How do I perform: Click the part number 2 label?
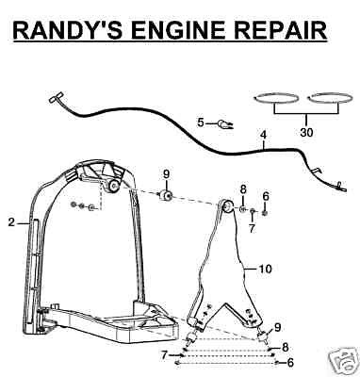click(11, 222)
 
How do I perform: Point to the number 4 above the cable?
click(263, 136)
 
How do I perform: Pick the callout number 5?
click(201, 123)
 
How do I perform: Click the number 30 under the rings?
click(306, 132)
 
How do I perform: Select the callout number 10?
click(266, 270)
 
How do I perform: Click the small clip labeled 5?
click(225, 124)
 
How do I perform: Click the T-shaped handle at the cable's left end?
click(56, 97)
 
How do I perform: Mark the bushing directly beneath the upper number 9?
click(165, 195)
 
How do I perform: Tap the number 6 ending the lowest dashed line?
click(290, 363)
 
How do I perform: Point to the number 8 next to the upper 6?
click(243, 190)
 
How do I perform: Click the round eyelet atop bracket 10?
click(227, 206)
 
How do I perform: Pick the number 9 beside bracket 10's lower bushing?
click(277, 328)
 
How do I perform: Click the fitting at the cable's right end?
click(341, 187)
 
